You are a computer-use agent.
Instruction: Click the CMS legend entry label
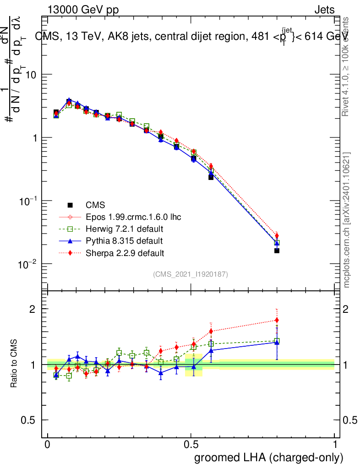[95, 205]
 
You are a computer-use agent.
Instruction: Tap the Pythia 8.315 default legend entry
[124, 240]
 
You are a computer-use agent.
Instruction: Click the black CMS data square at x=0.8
[277, 251]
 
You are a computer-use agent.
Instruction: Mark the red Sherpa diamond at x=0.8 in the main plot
[277, 235]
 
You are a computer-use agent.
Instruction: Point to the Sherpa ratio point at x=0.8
[277, 320]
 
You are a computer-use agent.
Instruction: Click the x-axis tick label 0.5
[191, 445]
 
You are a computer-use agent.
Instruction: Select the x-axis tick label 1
[335, 445]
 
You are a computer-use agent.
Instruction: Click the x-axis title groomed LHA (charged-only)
[269, 458]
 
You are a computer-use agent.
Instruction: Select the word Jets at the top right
[324, 10]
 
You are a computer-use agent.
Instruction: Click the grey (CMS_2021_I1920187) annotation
[191, 274]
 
